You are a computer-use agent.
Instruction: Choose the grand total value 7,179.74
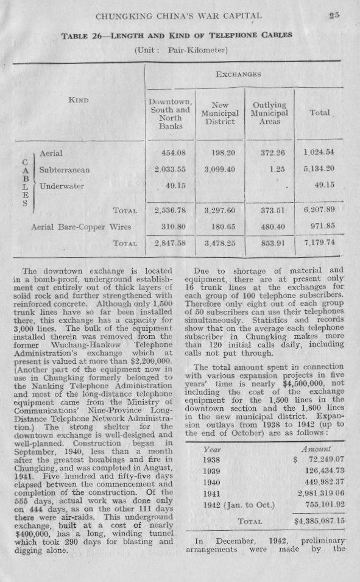pyautogui.click(x=320, y=242)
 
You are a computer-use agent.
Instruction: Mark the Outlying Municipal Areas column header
pyautogui.click(x=269, y=113)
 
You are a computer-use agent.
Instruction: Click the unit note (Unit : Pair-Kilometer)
pyautogui.click(x=180, y=49)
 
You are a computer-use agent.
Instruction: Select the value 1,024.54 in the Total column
pyautogui.click(x=320, y=151)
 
